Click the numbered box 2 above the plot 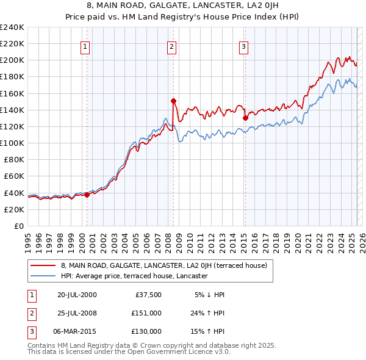click(171, 46)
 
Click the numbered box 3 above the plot click(243, 46)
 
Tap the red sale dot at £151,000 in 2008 click(173, 101)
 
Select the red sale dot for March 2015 click(245, 118)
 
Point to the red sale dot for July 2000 click(87, 195)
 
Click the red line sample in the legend click(42, 266)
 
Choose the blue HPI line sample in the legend click(42, 276)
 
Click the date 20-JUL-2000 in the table click(77, 295)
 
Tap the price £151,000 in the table click(146, 313)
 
